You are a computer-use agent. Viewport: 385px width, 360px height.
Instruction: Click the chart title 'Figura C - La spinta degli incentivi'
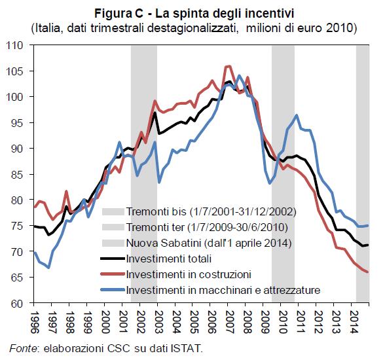[194, 13]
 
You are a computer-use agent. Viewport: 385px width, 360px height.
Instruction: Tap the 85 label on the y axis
[18, 175]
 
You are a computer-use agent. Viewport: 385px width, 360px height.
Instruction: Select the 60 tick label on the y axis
[18, 304]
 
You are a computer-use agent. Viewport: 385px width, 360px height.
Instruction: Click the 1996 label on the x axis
[35, 323]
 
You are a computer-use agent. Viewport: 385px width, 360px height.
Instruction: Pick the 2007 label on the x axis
[229, 323]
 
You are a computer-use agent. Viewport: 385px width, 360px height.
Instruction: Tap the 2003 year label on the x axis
[158, 323]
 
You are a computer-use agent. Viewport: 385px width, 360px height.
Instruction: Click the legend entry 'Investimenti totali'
[169, 259]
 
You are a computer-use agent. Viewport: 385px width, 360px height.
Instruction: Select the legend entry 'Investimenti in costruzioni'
[189, 274]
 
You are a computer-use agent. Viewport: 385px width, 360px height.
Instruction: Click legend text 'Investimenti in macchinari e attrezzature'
[223, 290]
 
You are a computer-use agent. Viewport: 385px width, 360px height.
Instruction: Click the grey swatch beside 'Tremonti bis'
[113, 211]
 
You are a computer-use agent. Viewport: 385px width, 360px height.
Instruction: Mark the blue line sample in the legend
[113, 290]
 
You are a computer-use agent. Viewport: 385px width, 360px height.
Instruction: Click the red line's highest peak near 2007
[228, 65]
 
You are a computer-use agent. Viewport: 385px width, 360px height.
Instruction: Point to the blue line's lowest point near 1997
[48, 267]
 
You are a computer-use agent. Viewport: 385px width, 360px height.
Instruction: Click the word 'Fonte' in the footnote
[24, 348]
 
